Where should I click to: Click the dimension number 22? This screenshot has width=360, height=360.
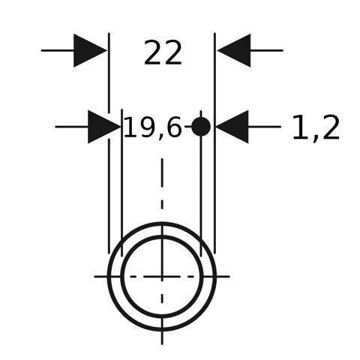(x=163, y=52)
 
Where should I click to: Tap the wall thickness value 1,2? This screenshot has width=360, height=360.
(x=316, y=127)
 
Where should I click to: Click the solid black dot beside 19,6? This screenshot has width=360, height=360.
(x=201, y=127)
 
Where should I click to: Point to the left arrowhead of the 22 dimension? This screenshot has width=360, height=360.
(x=90, y=50)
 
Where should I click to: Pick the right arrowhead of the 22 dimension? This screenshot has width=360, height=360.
(x=234, y=50)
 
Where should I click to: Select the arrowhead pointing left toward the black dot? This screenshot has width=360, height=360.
(x=232, y=127)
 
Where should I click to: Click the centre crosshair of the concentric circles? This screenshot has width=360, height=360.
(x=162, y=277)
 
